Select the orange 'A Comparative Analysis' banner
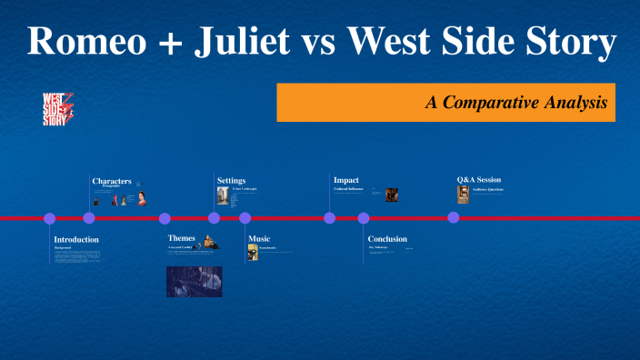pyautogui.click(x=445, y=103)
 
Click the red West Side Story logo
pyautogui.click(x=59, y=108)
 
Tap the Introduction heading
pyautogui.click(x=76, y=239)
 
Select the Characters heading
pyautogui.click(x=112, y=181)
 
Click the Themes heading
pyautogui.click(x=181, y=238)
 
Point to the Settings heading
pyautogui.click(x=231, y=181)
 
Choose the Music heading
pyautogui.click(x=259, y=239)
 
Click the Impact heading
pyautogui.click(x=345, y=180)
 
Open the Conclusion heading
pyautogui.click(x=387, y=239)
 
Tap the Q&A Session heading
pyautogui.click(x=478, y=180)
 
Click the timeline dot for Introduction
pyautogui.click(x=50, y=218)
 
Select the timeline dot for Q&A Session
pyautogui.click(x=453, y=218)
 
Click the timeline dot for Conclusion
pyautogui.click(x=364, y=218)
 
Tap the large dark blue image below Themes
pyautogui.click(x=194, y=282)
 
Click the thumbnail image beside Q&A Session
pyautogui.click(x=463, y=195)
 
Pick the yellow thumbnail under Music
pyautogui.click(x=253, y=253)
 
